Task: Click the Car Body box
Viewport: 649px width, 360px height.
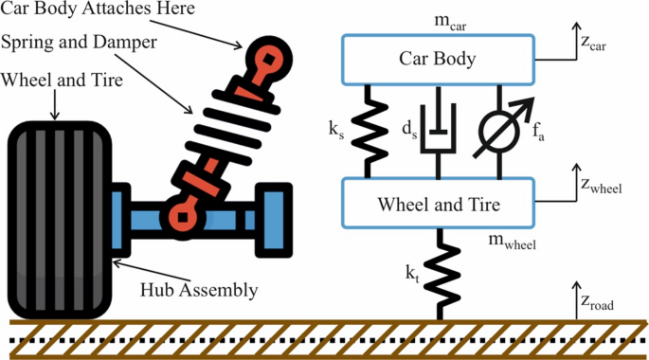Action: click(438, 61)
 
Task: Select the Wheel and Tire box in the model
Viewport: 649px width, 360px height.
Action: click(438, 203)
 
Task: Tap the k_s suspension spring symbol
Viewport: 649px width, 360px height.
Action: click(368, 131)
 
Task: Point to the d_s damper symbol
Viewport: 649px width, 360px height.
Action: click(438, 133)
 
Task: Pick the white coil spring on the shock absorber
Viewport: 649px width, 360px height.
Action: click(225, 133)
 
